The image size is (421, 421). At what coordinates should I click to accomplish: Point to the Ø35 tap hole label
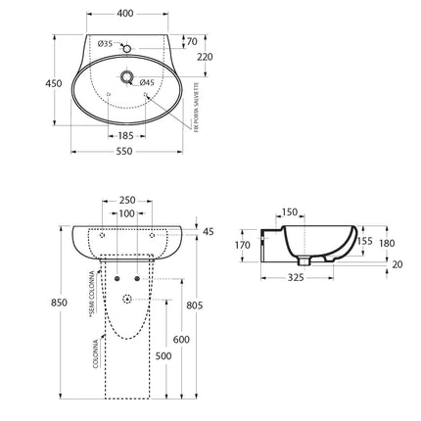tap(106, 44)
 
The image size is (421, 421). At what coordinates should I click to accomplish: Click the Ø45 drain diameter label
tap(147, 82)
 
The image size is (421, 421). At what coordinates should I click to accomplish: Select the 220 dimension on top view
tap(206, 58)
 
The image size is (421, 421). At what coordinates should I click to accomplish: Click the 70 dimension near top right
tap(191, 42)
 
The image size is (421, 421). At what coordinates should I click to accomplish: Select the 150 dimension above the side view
tap(291, 211)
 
